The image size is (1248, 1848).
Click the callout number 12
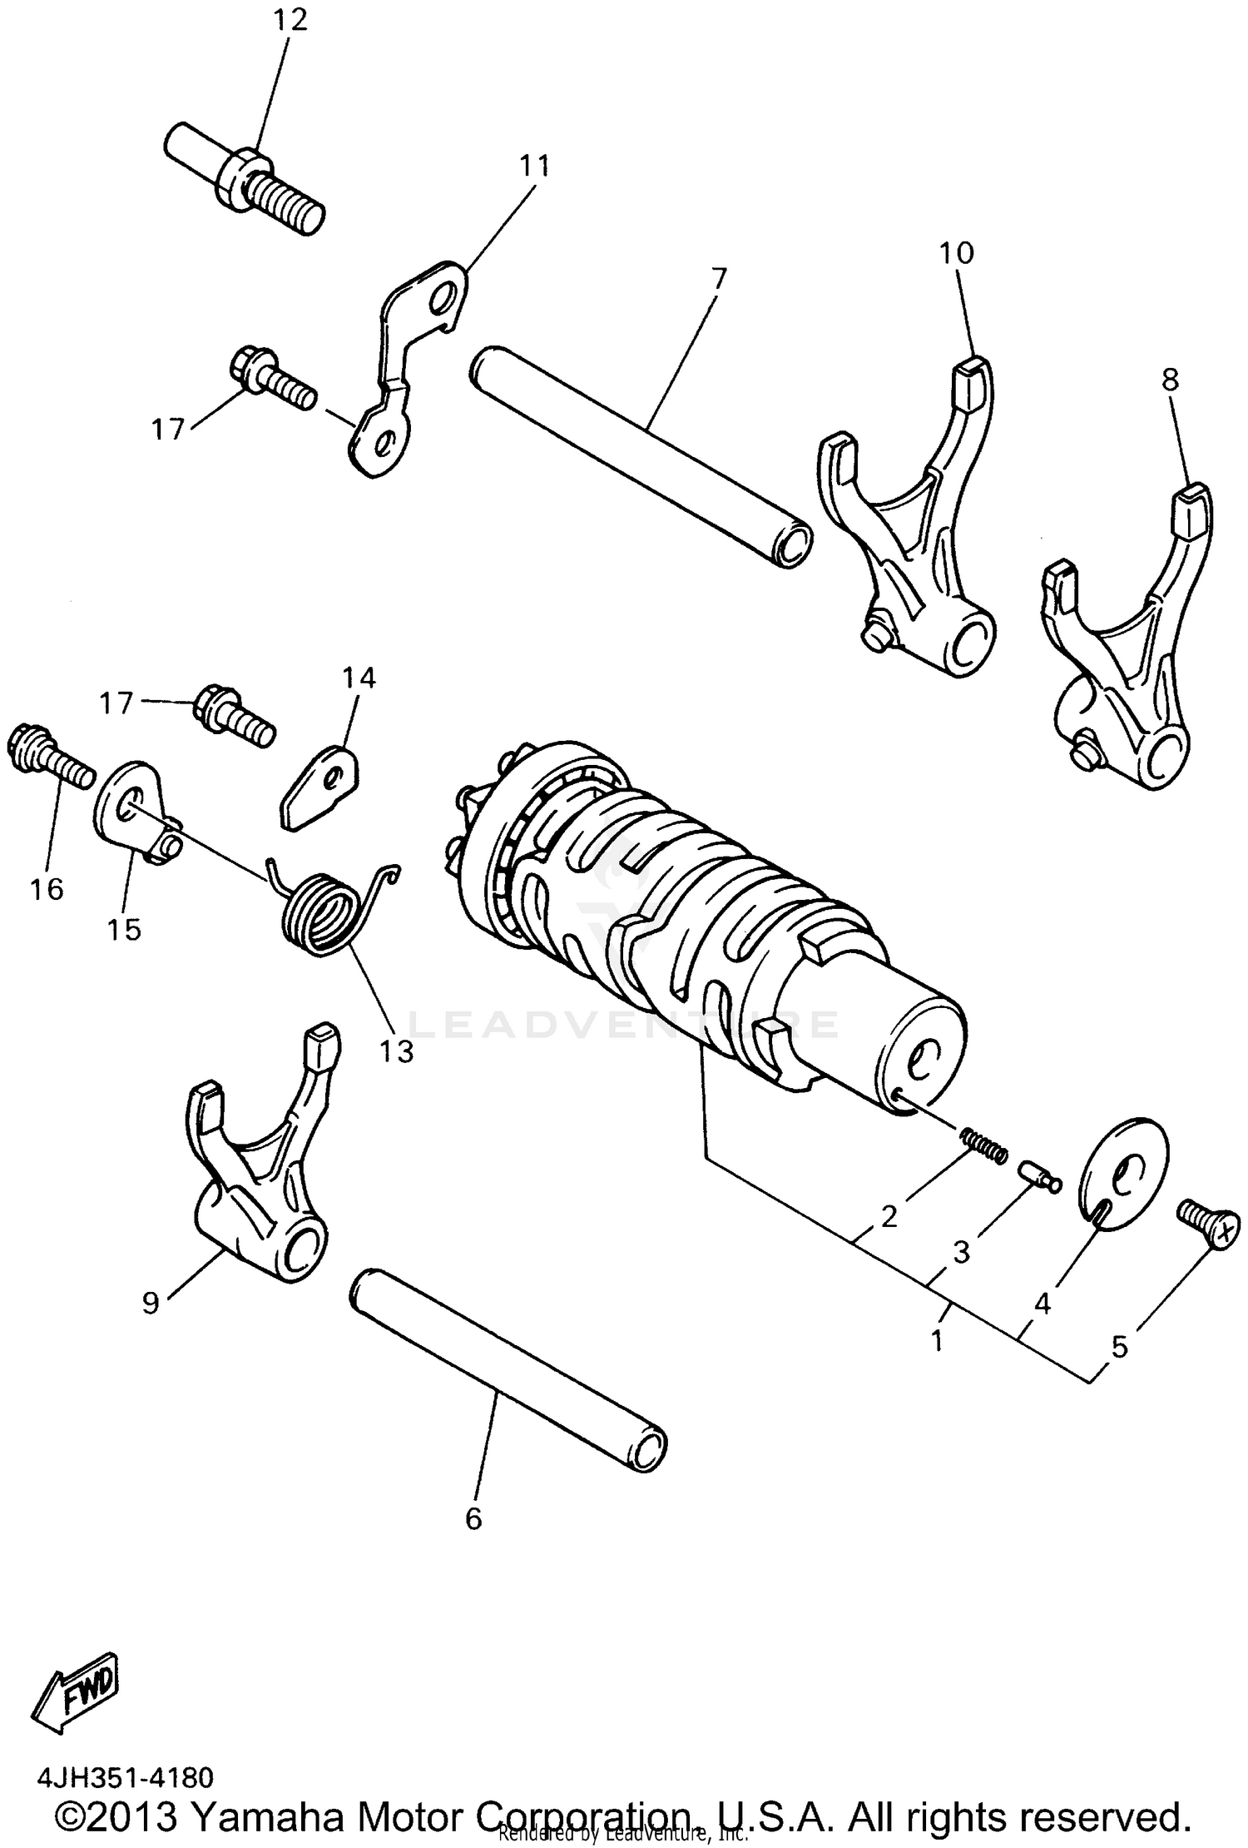tap(290, 19)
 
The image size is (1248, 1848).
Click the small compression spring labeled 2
tap(984, 1145)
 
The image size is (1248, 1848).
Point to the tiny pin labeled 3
tap(1038, 1176)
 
